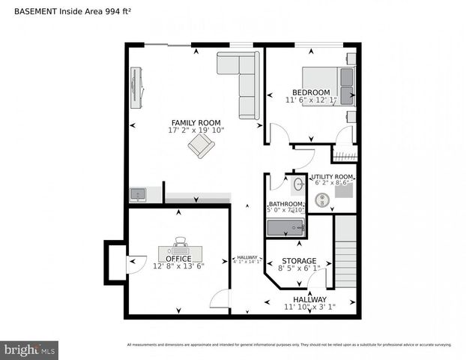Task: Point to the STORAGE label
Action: [299, 261]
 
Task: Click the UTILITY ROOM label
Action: [332, 176]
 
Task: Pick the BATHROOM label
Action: [286, 205]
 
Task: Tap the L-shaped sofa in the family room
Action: [241, 79]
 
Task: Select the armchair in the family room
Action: [201, 145]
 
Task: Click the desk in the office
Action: [180, 250]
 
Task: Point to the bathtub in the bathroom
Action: [285, 226]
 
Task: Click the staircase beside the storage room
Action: [345, 251]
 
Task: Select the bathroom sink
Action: [297, 183]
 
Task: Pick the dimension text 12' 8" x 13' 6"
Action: [179, 265]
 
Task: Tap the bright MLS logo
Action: [30, 349]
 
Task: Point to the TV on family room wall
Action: [136, 85]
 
